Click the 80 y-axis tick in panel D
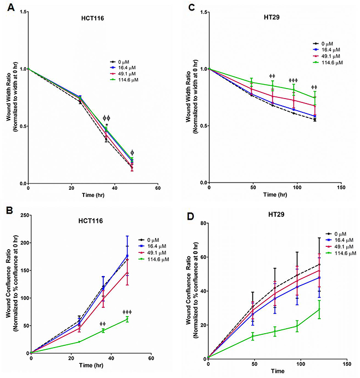[x=201, y=222]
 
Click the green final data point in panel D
[x=318, y=309]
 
